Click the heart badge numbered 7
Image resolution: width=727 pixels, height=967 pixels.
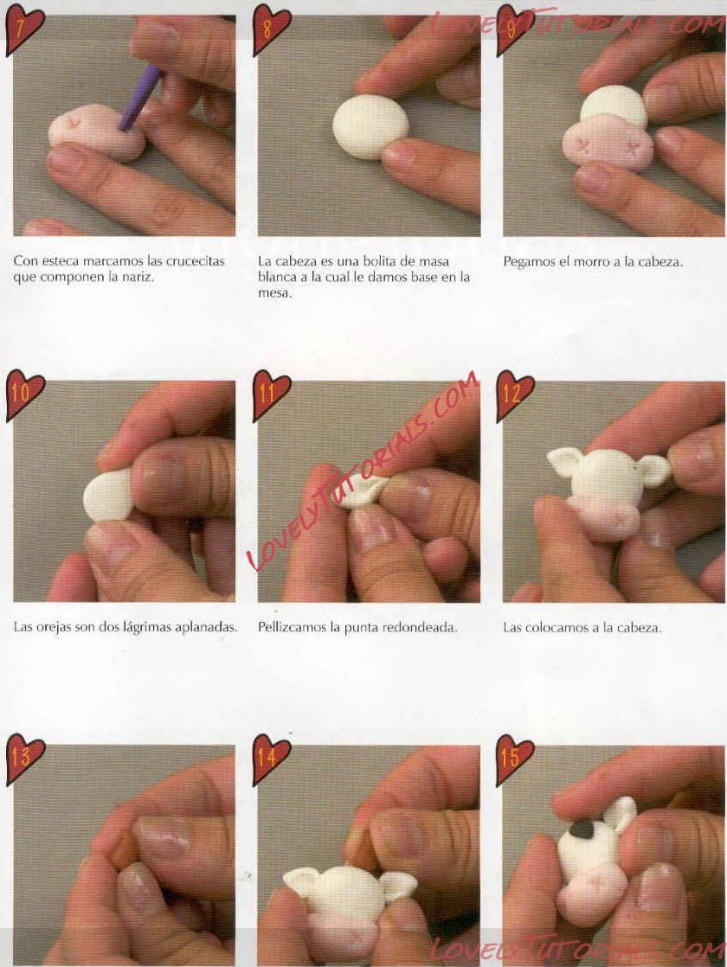[x=25, y=29]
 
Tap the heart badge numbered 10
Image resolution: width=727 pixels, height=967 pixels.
[x=25, y=394]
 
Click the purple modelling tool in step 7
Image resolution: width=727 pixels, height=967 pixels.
[x=141, y=99]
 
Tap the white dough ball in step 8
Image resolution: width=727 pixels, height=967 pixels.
[x=370, y=125]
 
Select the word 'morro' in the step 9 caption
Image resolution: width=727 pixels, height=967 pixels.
[x=591, y=261]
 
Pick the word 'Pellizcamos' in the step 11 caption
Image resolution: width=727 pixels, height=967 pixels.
[x=292, y=627]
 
